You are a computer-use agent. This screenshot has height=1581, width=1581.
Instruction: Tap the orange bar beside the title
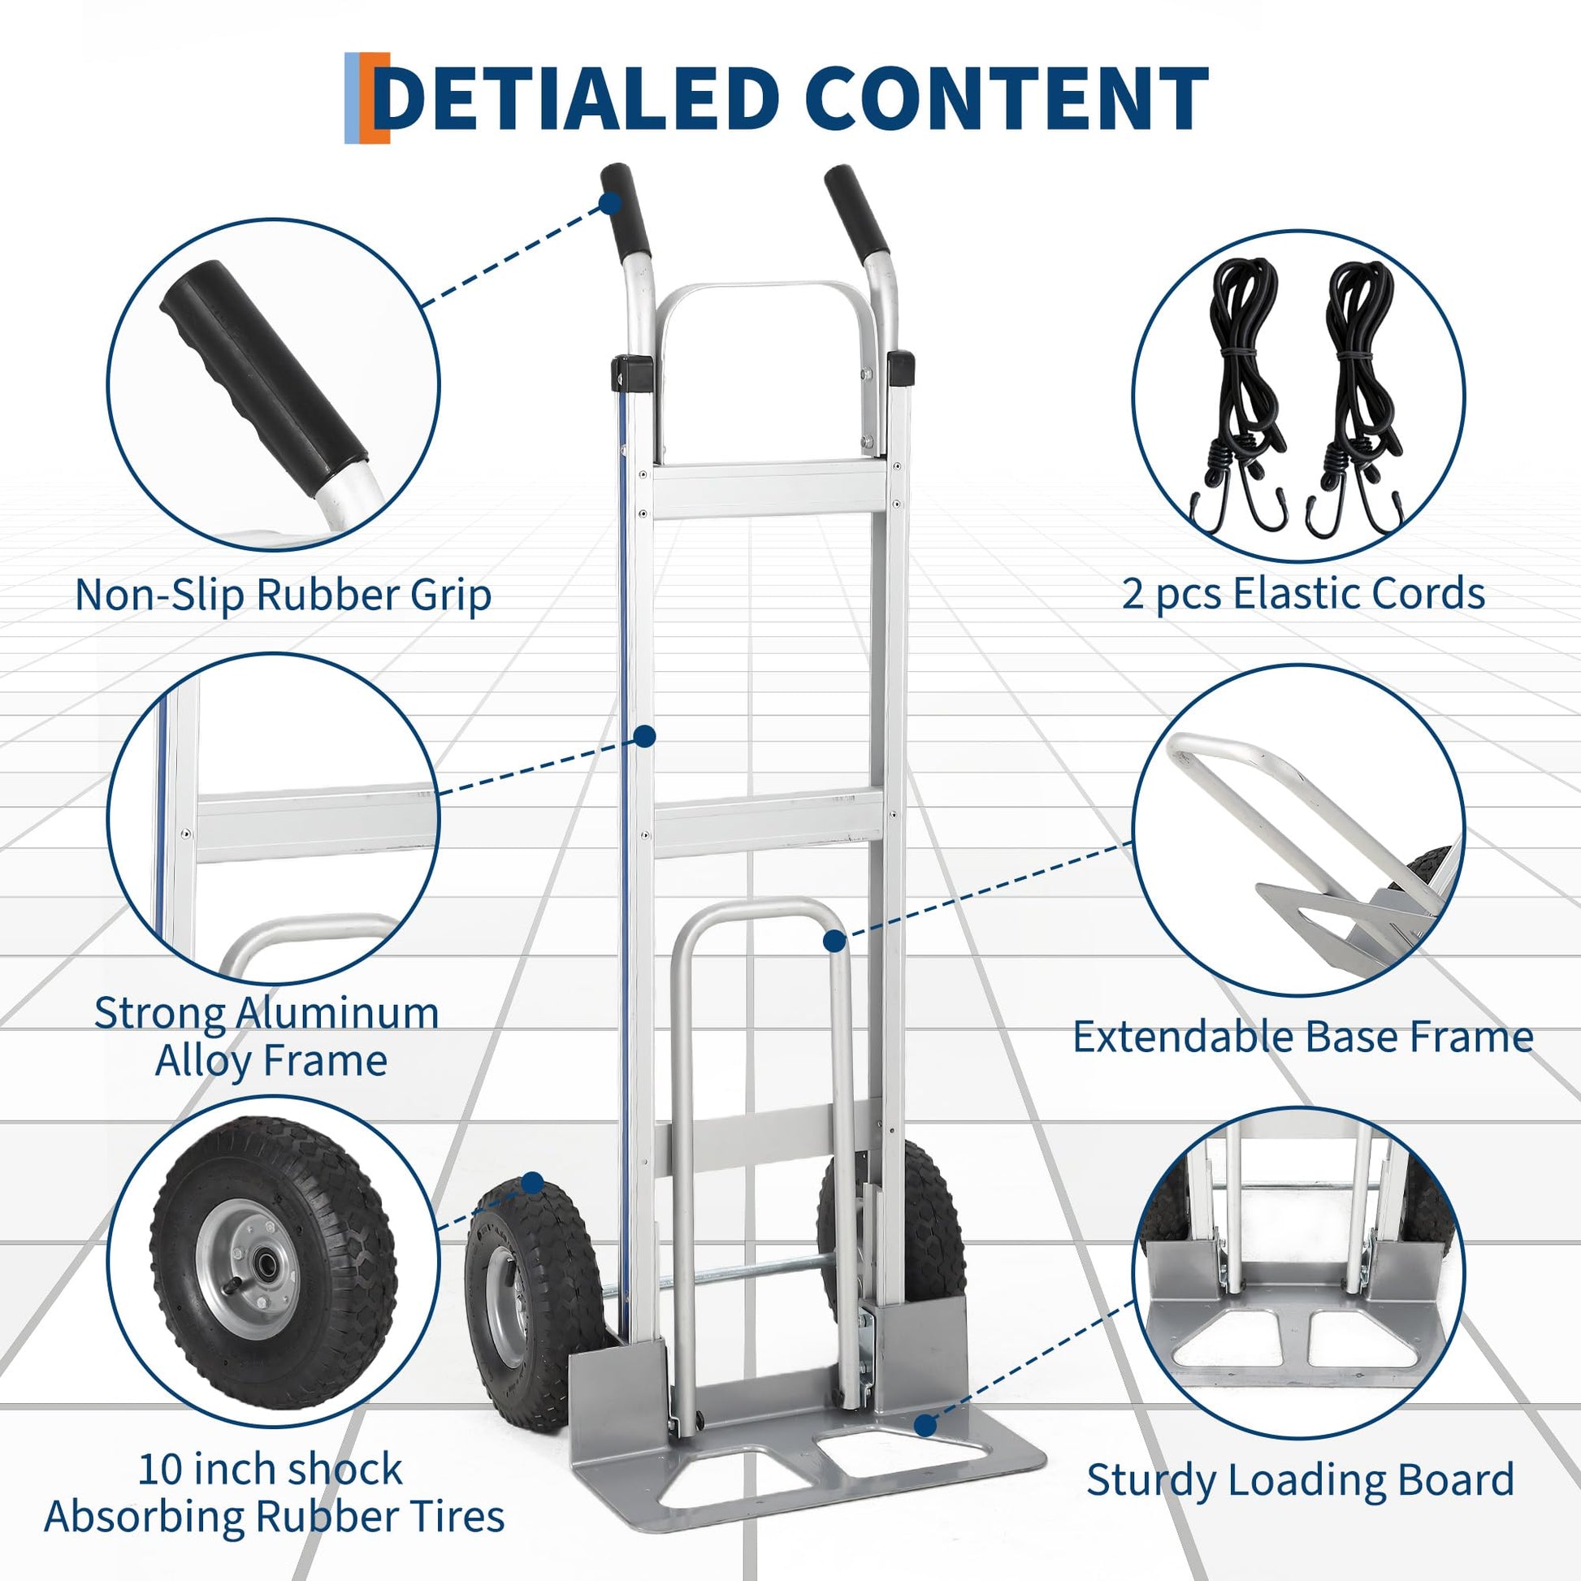pos(378,98)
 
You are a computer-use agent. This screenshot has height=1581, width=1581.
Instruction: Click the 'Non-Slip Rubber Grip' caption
pos(284,595)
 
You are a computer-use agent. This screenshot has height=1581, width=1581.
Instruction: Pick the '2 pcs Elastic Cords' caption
pos(1303,593)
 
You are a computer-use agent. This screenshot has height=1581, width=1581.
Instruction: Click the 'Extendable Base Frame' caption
pos(1303,1037)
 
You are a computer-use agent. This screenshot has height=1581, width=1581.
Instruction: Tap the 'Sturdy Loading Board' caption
pos(1301,1479)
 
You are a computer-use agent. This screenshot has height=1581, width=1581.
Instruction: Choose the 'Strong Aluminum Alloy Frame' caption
pos(266,1037)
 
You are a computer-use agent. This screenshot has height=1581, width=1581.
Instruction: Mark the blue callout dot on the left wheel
pos(533,1182)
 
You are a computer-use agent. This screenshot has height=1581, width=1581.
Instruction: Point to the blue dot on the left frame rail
pos(646,737)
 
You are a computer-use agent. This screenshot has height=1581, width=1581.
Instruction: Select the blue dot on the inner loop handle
pos(834,941)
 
